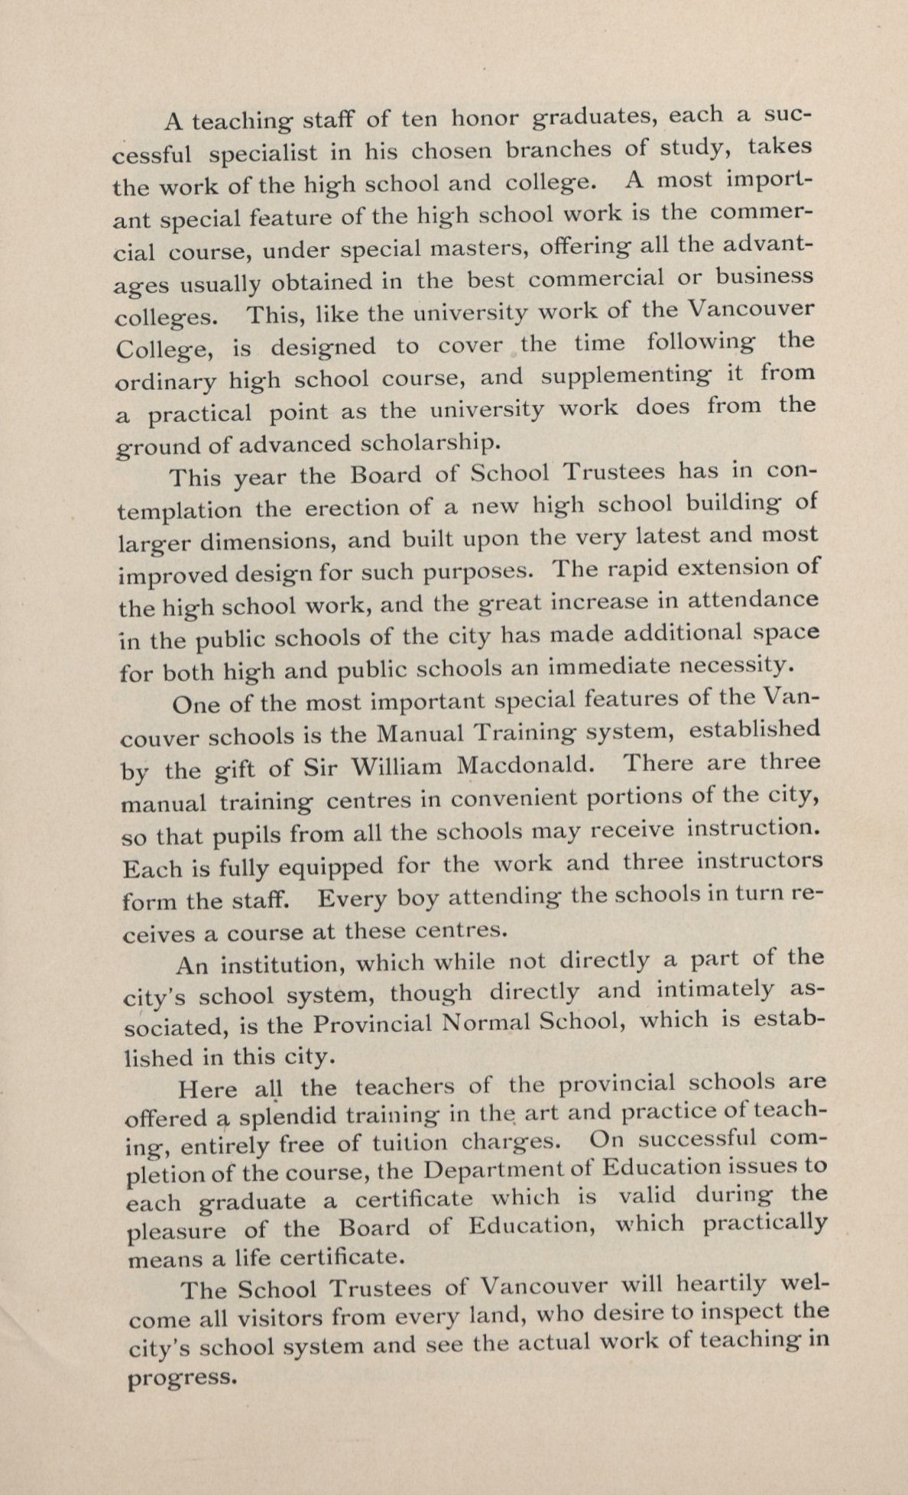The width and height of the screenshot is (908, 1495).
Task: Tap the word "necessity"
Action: coord(738,666)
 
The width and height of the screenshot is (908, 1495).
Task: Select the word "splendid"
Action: coord(288,1116)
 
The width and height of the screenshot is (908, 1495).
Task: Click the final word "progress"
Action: coord(180,1377)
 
